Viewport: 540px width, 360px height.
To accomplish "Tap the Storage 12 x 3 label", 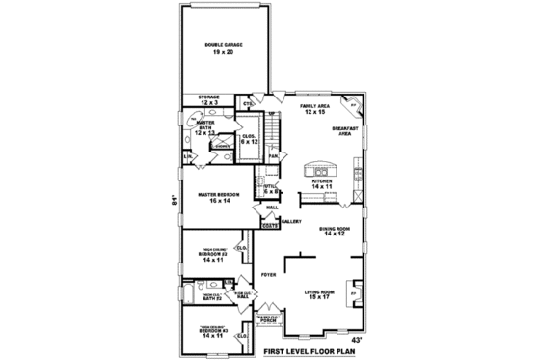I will pyautogui.click(x=210, y=98).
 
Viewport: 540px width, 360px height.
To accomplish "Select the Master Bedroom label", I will pyautogui.click(x=219, y=197).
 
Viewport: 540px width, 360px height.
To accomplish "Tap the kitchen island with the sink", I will pyautogui.click(x=318, y=171).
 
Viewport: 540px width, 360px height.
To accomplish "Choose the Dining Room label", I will pyautogui.click(x=335, y=231).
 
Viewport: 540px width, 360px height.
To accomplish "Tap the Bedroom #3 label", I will pyautogui.click(x=212, y=332).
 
